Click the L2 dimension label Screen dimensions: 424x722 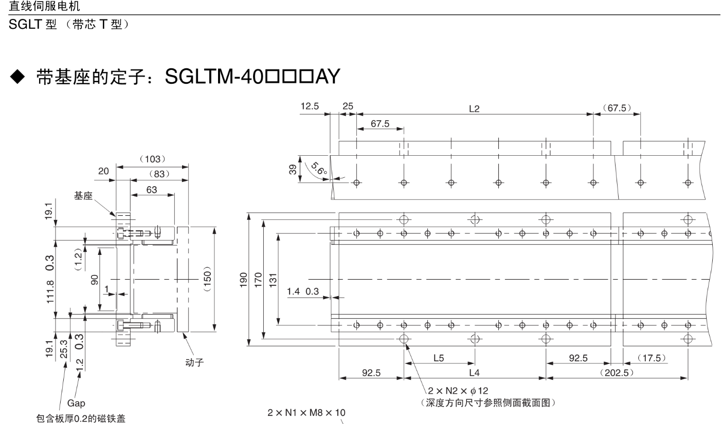[x=474, y=110]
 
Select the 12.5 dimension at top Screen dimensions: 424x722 [x=310, y=106]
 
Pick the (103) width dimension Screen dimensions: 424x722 [x=152, y=159]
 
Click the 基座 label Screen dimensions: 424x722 [x=84, y=197]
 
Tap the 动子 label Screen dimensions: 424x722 [x=194, y=362]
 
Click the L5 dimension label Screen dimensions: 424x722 [x=439, y=359]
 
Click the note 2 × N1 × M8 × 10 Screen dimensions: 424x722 [x=306, y=412]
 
